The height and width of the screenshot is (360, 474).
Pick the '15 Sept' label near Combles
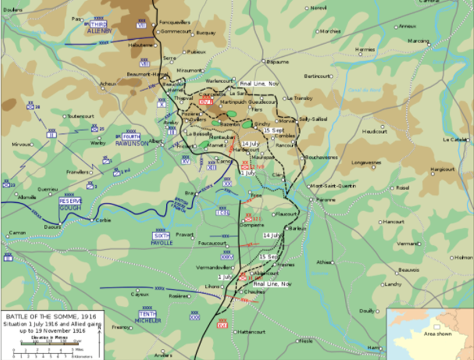pos(274,129)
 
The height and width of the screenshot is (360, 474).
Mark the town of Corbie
pos(104,220)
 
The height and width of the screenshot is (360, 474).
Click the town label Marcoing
pos(418,41)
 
